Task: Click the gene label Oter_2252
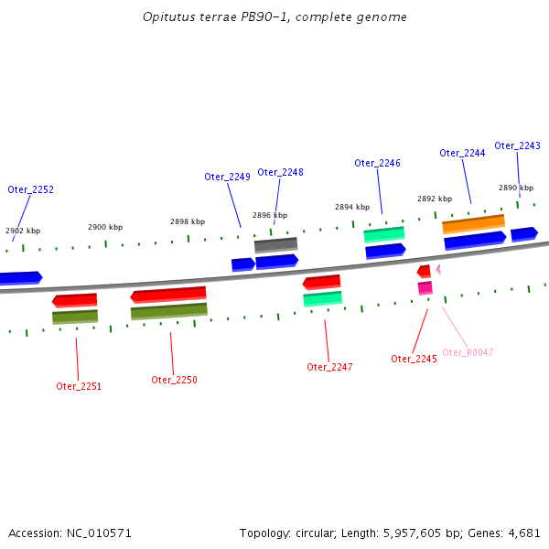(x=31, y=189)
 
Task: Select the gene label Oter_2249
(x=227, y=177)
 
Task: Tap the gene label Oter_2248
(x=280, y=172)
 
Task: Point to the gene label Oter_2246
(x=377, y=163)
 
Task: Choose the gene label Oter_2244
(x=462, y=153)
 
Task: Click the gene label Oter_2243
(x=517, y=145)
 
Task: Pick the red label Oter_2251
(x=79, y=386)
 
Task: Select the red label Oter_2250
(x=174, y=380)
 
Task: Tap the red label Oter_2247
(x=329, y=367)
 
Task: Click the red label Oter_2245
(x=414, y=359)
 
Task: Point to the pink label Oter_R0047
(x=468, y=352)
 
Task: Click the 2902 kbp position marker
(x=23, y=231)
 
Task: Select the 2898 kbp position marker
(x=188, y=221)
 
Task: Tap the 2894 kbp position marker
(x=352, y=207)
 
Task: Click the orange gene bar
(x=473, y=223)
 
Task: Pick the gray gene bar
(x=275, y=244)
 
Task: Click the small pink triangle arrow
(x=438, y=269)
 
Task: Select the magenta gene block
(x=425, y=287)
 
